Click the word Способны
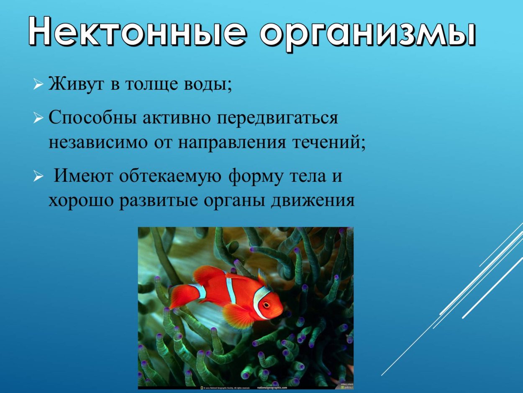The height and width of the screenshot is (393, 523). [x=93, y=119]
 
